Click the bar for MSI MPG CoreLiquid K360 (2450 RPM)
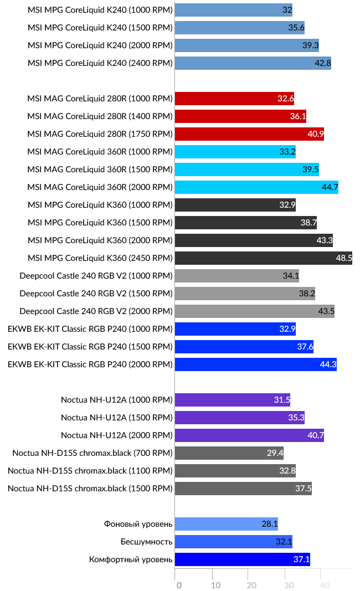[263, 258]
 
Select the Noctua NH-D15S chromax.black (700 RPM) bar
[229, 453]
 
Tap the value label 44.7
[330, 187]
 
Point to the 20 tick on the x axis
[251, 585]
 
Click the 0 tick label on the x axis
[178, 585]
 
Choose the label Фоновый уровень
[138, 524]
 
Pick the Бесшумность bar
[233, 542]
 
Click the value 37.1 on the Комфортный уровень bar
[301, 559]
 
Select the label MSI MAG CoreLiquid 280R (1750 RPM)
[100, 134]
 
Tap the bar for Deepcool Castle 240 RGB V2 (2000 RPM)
[254, 311]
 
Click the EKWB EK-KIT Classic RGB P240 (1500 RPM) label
[90, 347]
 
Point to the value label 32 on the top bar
[287, 10]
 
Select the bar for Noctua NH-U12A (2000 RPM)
[249, 435]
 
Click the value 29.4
[275, 453]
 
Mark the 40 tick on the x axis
[325, 585]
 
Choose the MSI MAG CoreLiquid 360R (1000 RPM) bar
[235, 152]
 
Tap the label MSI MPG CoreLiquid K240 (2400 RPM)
[100, 63]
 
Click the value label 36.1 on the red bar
[297, 116]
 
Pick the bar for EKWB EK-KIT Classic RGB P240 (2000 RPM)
[255, 364]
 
